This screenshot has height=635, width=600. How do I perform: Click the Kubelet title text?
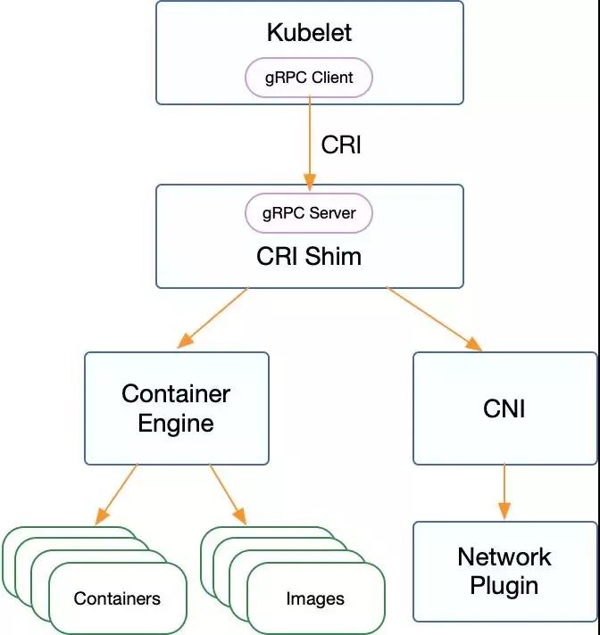tap(309, 32)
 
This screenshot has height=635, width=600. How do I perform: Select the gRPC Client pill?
tap(309, 78)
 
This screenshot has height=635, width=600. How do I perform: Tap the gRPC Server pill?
tap(309, 213)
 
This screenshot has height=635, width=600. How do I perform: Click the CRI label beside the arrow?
tap(341, 144)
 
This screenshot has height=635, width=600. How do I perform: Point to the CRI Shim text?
tap(309, 256)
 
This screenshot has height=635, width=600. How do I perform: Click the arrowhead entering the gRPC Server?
tap(310, 182)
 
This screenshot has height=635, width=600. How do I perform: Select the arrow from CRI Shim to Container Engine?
tap(212, 317)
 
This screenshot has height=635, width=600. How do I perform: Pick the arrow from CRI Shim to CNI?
tap(434, 318)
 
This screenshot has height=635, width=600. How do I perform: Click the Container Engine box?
tap(177, 408)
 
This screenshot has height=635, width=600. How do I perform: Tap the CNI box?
tap(505, 408)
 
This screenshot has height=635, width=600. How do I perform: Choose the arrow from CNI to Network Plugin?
tap(504, 491)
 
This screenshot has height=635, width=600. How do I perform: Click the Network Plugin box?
tap(505, 572)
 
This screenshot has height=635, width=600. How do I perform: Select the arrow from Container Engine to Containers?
tap(116, 494)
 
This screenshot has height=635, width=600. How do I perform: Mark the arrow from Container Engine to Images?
tap(228, 494)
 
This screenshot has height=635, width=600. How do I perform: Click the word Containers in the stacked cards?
tap(117, 598)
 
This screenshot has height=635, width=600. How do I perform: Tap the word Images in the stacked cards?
tap(315, 599)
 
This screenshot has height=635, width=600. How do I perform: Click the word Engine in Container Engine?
tap(176, 425)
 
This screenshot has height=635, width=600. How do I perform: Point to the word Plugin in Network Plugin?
tap(504, 587)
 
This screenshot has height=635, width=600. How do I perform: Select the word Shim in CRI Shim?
tap(333, 256)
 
